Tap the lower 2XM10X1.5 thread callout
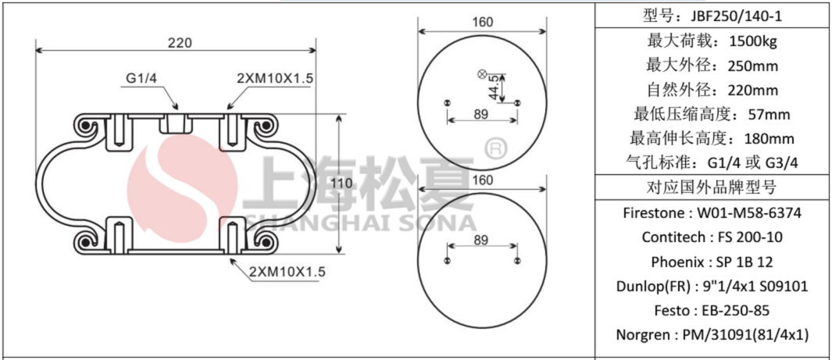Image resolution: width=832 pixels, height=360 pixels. pos(287,272)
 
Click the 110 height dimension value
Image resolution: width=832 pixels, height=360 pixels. pos(341,183)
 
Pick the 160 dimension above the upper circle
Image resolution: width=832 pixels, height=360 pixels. pos(482,22)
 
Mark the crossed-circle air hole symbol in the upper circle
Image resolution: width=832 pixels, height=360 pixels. pos(481,74)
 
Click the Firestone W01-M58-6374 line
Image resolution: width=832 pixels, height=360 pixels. pos(712,212)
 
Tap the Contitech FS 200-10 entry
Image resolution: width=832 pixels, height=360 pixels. pos(712,237)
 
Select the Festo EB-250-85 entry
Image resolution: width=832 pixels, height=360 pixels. pos(712,310)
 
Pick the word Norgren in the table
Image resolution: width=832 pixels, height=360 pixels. pos(644,335)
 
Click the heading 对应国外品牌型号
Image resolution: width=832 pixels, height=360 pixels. pos(712,187)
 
